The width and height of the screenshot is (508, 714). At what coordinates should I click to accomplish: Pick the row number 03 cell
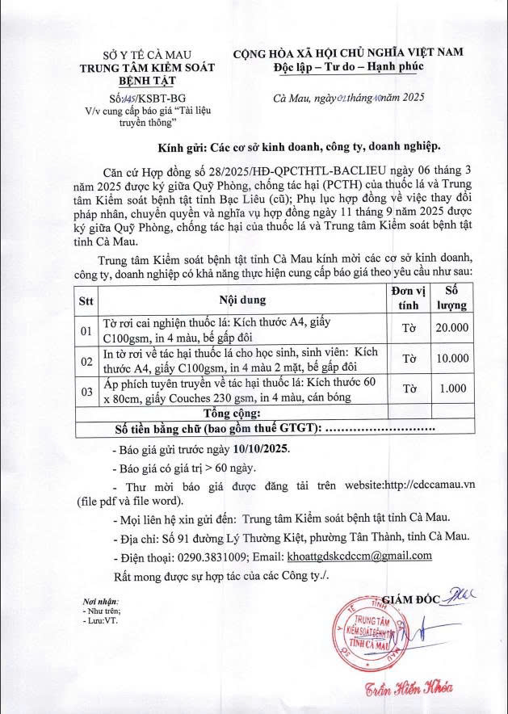[x=85, y=392]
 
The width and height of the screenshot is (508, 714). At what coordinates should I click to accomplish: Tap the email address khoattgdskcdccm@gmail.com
[x=359, y=556]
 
